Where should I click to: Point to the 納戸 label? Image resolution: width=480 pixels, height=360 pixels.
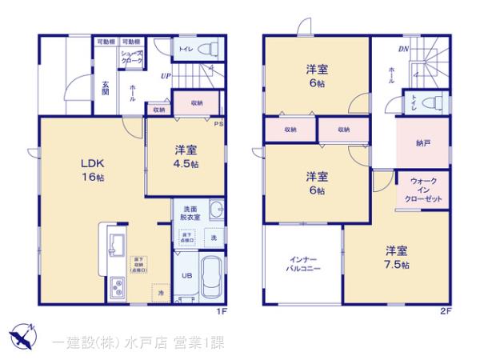[x=423, y=143]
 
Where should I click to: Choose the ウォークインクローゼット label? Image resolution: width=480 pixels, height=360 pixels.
[x=423, y=189]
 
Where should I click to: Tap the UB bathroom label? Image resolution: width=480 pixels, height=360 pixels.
[x=185, y=274]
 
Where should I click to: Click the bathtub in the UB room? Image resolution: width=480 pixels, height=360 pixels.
[x=211, y=277]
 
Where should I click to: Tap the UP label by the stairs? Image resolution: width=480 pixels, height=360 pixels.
[x=164, y=77]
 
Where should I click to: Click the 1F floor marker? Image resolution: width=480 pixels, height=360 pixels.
[x=222, y=310]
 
